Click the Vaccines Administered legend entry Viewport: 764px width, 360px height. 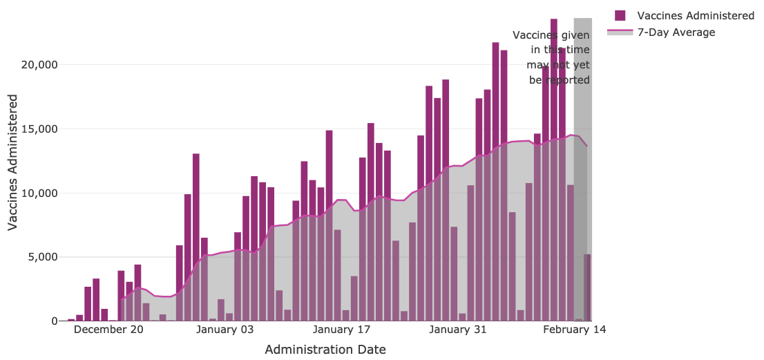click(696, 15)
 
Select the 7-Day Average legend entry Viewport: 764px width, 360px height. click(676, 32)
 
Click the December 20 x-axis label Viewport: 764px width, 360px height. click(108, 330)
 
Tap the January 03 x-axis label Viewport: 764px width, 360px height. click(225, 330)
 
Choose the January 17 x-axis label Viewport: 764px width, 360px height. click(342, 330)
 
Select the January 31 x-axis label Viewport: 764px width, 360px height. click(458, 330)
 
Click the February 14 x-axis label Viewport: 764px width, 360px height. click(575, 330)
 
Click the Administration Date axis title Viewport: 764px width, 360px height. click(325, 350)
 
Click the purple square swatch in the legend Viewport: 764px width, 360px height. click(620, 15)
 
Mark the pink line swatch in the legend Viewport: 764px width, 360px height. click(620, 32)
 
